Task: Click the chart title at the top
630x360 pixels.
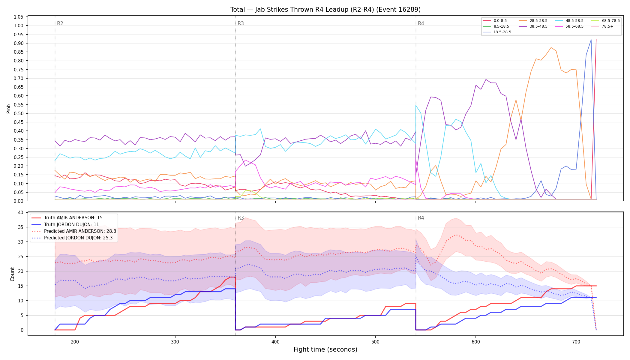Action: click(325, 10)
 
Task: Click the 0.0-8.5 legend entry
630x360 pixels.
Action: click(495, 21)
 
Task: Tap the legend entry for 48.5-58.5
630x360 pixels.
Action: click(569, 21)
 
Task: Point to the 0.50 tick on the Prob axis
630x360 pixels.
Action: click(19, 113)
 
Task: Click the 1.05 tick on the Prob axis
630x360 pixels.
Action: click(19, 17)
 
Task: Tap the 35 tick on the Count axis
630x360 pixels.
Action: click(21, 227)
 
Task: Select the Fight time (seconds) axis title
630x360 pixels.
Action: click(325, 349)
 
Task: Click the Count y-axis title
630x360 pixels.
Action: click(12, 274)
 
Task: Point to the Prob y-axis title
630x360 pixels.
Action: click(9, 109)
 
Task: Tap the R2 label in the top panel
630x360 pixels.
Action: click(60, 23)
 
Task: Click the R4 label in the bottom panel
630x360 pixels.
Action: click(421, 218)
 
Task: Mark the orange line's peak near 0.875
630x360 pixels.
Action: click(551, 47)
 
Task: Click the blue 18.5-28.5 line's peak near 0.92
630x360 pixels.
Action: click(591, 40)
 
